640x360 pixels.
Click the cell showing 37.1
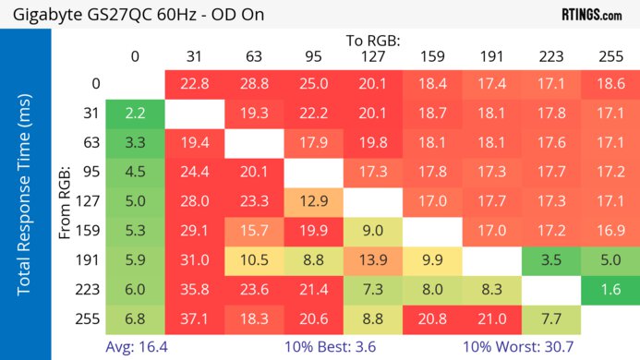point(194,319)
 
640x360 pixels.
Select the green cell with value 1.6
point(610,290)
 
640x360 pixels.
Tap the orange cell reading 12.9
point(313,201)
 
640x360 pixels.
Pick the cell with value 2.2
point(135,114)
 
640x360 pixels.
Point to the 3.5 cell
point(551,260)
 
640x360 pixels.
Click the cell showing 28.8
point(254,84)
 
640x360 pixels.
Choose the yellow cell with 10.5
point(254,260)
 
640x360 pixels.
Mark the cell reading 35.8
point(194,290)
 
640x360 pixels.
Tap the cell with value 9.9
point(432,260)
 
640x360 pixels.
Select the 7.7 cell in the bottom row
point(551,319)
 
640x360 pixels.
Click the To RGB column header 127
point(373,56)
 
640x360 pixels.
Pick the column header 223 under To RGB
point(551,56)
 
